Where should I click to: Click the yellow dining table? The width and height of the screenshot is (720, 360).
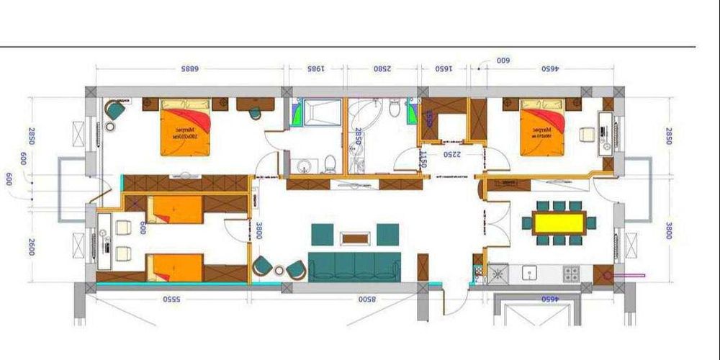(559, 222)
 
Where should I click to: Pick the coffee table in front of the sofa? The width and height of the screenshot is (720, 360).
(354, 237)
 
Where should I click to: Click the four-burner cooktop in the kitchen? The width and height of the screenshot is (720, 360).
(572, 274)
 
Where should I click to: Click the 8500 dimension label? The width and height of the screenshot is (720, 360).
(366, 298)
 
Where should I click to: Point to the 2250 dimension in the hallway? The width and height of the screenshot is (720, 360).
(451, 154)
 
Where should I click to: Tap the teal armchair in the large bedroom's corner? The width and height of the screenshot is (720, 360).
(114, 110)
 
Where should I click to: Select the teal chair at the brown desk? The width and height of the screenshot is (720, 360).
(255, 113)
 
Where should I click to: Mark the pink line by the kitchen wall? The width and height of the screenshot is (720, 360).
(630, 274)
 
